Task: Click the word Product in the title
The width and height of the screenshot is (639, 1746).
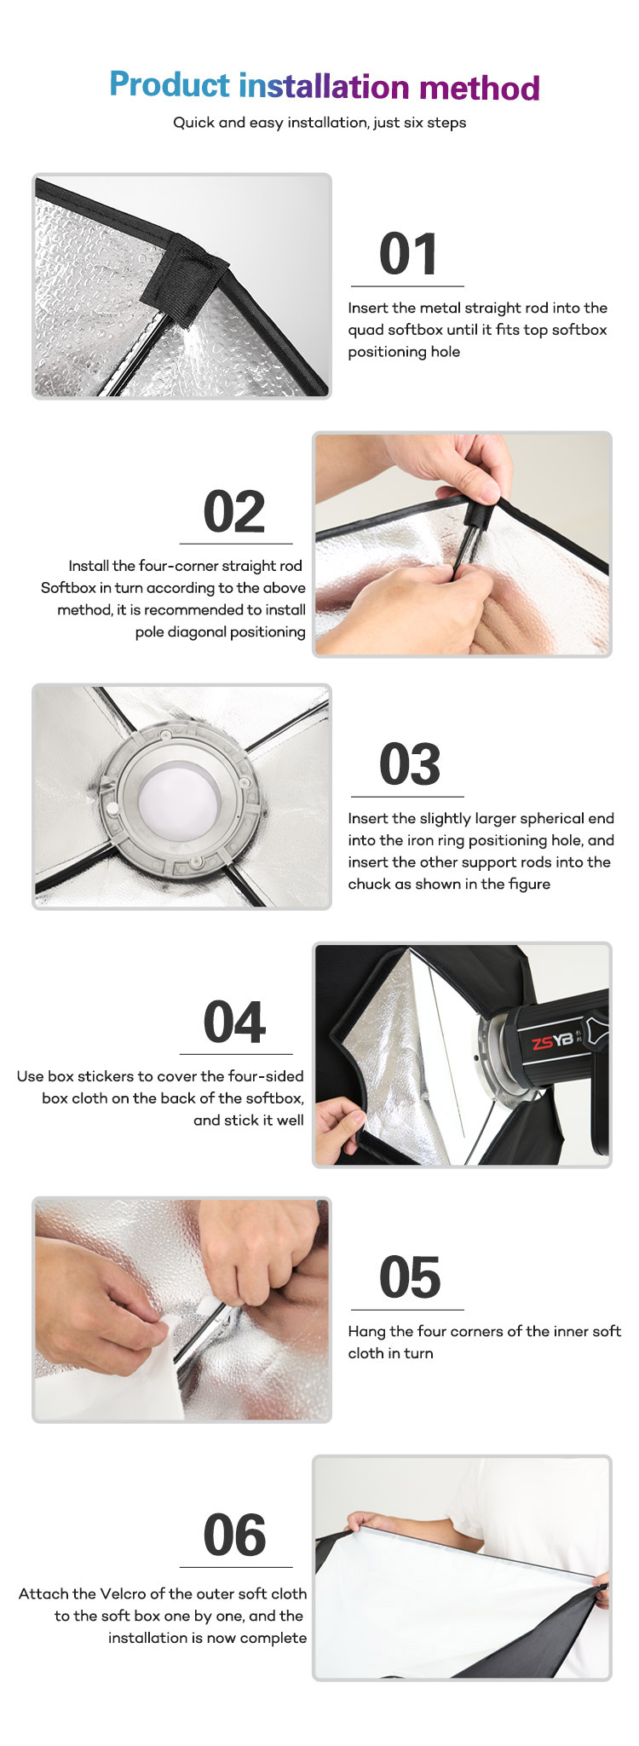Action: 170,86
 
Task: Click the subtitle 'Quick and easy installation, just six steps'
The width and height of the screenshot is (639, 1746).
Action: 319,123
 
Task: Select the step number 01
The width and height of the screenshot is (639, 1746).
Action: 408,254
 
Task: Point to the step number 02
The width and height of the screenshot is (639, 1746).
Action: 234,511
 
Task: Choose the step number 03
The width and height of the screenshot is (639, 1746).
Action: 410,764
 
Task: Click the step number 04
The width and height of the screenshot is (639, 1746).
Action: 234,1022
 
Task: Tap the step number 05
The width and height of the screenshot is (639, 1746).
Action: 410,1277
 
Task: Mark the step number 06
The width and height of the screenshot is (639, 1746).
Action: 234,1535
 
